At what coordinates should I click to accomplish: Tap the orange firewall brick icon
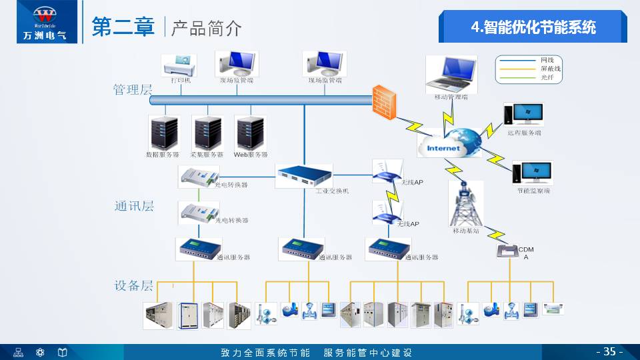(x=384, y=101)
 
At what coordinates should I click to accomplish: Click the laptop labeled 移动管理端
(x=451, y=74)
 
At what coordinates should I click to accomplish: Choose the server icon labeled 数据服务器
(x=163, y=133)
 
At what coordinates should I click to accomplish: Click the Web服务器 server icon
(x=251, y=133)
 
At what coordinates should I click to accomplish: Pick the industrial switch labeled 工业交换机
(x=303, y=177)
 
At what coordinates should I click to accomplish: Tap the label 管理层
(x=133, y=90)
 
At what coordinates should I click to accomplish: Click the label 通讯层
(x=134, y=206)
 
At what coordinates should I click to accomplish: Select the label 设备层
(x=134, y=286)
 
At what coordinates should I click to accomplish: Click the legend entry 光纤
(x=547, y=78)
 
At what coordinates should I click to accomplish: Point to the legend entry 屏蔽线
(x=551, y=69)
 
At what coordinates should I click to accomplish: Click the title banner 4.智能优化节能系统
(x=533, y=27)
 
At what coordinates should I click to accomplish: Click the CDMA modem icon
(x=507, y=251)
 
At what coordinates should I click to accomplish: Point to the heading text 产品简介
(x=207, y=28)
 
